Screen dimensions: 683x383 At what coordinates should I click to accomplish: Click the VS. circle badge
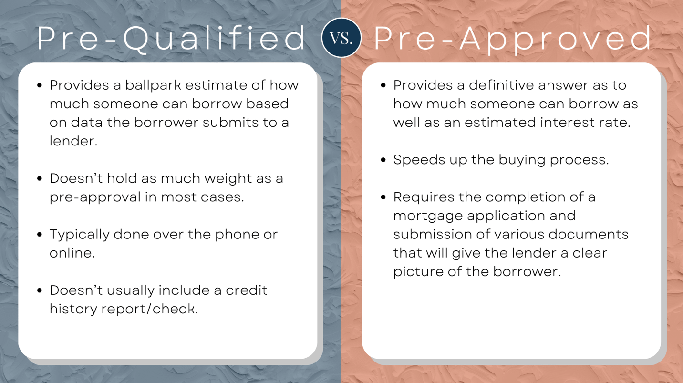click(x=341, y=38)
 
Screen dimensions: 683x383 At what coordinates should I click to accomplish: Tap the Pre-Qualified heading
click(x=171, y=39)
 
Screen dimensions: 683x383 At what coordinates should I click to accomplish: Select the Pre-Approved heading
click(x=512, y=39)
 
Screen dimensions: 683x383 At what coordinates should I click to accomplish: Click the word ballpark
click(x=154, y=85)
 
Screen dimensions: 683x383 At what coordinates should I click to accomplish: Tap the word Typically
click(x=79, y=235)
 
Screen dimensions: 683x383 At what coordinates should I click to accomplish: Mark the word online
click(x=72, y=253)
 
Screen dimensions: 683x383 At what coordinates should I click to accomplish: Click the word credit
click(x=247, y=290)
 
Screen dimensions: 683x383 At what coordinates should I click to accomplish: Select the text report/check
click(x=149, y=309)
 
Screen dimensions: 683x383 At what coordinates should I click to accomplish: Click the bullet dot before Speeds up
click(x=383, y=160)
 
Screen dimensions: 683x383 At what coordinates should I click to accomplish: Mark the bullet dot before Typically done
click(x=40, y=235)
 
